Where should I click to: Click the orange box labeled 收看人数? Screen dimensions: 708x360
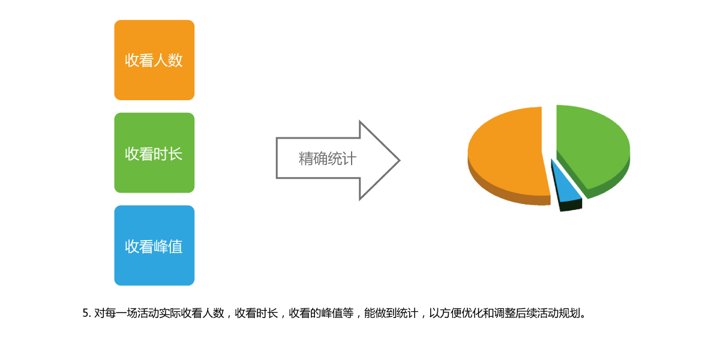pos(154,60)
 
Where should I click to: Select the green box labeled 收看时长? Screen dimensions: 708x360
pos(154,152)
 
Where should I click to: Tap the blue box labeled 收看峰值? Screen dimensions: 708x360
pos(154,245)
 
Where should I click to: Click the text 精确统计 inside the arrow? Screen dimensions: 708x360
pos(328,158)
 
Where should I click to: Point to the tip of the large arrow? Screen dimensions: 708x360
pos(400,160)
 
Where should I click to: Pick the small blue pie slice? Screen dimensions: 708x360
pos(565,185)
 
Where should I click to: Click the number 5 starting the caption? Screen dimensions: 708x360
pos(85,313)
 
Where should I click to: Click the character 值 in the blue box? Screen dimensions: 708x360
pos(176,247)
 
